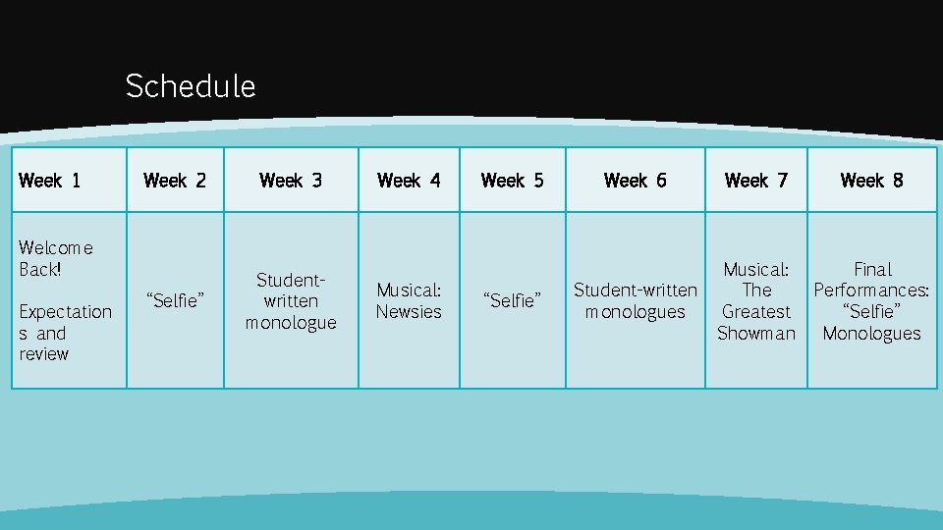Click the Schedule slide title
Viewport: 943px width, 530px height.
(191, 86)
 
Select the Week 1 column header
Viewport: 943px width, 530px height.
(50, 181)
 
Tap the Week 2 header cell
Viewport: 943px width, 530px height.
(175, 181)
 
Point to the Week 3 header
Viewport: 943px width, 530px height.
(291, 181)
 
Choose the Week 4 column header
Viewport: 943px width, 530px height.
(409, 181)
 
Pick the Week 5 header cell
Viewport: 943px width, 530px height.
(512, 181)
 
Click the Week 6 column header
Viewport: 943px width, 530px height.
(635, 181)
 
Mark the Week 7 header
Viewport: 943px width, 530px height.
(756, 181)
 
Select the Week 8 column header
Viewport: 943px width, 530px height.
(872, 181)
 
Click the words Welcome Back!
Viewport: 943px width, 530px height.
(55, 258)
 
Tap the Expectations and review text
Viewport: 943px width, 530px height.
(65, 333)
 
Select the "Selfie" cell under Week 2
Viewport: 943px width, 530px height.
(175, 301)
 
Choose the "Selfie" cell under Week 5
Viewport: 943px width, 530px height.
(512, 301)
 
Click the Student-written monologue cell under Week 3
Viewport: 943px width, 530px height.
(291, 301)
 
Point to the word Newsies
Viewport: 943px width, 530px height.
(409, 312)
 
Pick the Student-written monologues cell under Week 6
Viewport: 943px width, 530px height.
(635, 301)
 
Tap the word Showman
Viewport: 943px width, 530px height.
(756, 334)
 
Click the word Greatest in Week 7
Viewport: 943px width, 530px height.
(756, 312)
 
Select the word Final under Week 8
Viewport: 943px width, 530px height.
(872, 269)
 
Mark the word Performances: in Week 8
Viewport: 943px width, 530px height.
(872, 291)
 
